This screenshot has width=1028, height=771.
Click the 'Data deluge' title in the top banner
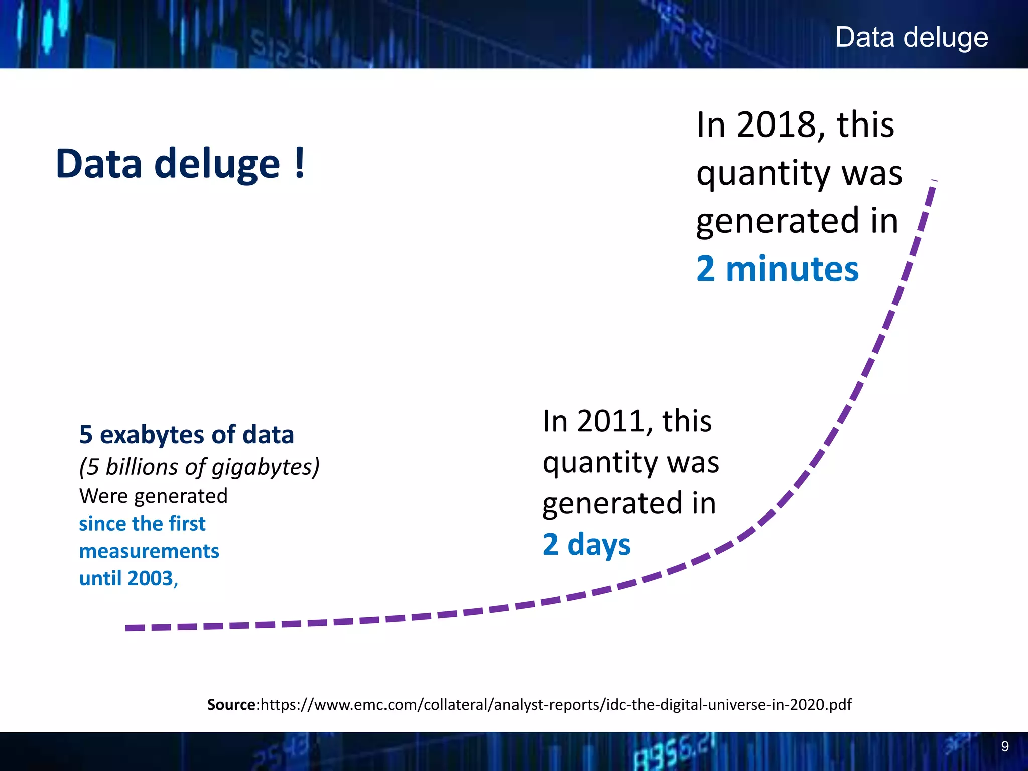point(911,38)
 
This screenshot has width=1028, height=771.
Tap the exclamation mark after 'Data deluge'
point(300,163)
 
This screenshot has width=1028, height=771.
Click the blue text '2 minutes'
point(777,269)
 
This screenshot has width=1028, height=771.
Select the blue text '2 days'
point(586,544)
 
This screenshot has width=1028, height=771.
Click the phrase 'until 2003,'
point(128,578)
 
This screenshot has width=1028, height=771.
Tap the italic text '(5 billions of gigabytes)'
point(199,467)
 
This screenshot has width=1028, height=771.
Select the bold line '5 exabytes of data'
point(186,435)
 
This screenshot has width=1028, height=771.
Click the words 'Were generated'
point(153,496)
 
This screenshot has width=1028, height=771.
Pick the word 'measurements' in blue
point(149,551)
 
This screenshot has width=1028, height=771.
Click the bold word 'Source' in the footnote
point(231,705)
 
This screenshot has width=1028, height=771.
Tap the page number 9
point(1004,746)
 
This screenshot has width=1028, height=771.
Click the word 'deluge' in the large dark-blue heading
point(217,164)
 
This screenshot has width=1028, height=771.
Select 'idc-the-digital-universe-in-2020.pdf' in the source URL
point(729,705)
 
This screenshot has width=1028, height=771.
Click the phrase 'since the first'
point(142,524)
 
